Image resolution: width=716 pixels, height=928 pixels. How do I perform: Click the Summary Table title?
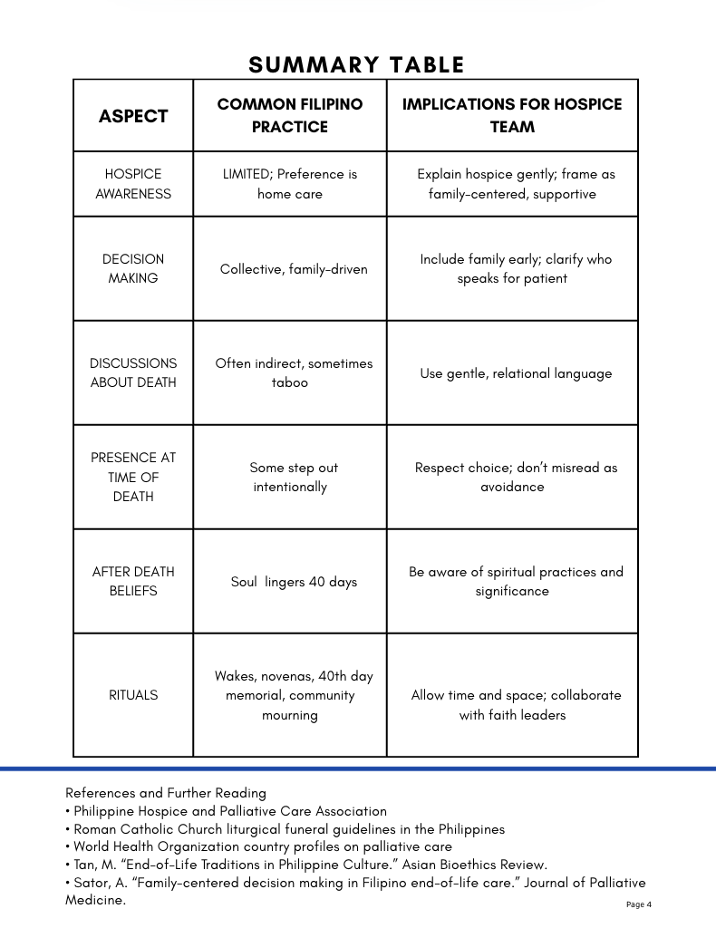click(356, 65)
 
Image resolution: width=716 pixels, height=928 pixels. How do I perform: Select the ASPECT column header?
click(133, 116)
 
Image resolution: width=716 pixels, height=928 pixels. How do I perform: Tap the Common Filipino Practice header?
click(289, 116)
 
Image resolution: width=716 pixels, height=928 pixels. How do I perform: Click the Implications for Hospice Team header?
click(512, 116)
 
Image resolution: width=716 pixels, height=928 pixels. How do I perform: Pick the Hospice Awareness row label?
click(133, 184)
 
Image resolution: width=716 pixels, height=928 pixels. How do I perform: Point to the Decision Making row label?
click(133, 268)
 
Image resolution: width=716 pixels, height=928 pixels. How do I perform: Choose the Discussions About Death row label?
click(133, 372)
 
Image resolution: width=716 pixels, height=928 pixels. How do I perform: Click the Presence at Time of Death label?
click(133, 477)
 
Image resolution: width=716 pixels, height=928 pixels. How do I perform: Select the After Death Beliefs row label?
click(133, 581)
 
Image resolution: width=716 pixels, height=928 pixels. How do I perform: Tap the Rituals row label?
click(133, 695)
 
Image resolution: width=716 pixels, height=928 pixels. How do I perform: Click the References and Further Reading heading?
click(166, 793)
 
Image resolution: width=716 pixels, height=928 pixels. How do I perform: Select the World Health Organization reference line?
click(258, 847)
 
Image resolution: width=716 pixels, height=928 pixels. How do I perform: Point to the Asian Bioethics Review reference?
click(306, 865)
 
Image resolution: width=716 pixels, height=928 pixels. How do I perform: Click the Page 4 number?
click(638, 904)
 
